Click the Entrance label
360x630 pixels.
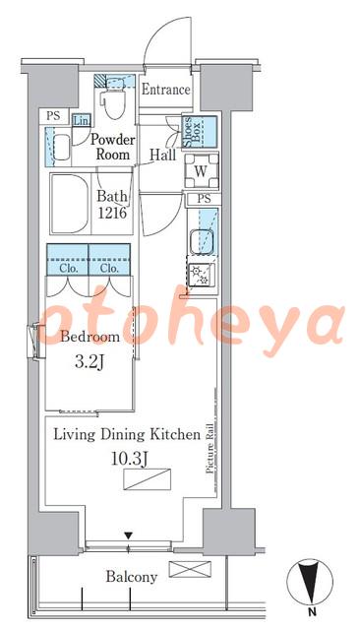(x=165, y=90)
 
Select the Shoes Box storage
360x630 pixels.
(x=200, y=132)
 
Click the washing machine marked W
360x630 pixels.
(x=201, y=171)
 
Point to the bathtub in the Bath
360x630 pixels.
(x=71, y=204)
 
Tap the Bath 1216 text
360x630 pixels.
(x=112, y=205)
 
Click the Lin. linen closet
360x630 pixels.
(x=82, y=120)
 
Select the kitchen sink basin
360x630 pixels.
(x=202, y=240)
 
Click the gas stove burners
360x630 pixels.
(x=201, y=276)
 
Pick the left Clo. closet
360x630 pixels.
(x=68, y=260)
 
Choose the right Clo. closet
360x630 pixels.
(x=109, y=260)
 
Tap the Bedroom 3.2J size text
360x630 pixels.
(x=90, y=348)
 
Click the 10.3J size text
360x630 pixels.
(x=129, y=459)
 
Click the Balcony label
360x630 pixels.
(x=131, y=577)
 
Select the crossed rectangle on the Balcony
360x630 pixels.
(x=190, y=569)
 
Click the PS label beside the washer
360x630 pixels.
(x=204, y=199)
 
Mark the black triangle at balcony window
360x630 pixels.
(x=128, y=535)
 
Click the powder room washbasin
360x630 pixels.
(x=62, y=147)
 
